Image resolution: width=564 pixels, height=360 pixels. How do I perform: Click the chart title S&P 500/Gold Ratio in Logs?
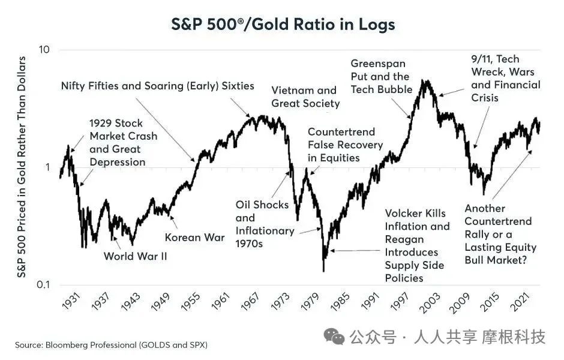[283, 25]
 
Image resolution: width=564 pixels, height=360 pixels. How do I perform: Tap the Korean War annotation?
[194, 237]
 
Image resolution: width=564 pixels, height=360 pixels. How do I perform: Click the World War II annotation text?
[135, 256]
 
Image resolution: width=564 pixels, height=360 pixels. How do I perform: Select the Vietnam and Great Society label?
[305, 97]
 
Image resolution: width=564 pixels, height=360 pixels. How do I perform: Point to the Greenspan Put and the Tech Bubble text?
[381, 76]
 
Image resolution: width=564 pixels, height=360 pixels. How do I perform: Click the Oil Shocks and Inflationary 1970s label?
[265, 218]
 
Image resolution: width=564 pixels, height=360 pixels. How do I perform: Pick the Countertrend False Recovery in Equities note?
[341, 145]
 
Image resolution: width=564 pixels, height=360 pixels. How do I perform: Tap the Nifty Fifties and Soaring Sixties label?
[157, 86]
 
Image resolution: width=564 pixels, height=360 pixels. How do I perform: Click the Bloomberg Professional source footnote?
[111, 346]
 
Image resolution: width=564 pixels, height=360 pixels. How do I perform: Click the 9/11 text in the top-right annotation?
[484, 59]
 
